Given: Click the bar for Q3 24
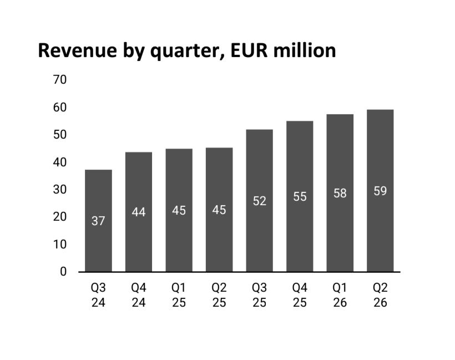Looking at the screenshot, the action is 98,221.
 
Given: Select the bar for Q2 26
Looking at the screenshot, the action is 380,191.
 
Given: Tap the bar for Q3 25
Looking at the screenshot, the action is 260,200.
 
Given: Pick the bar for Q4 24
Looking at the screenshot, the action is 139,212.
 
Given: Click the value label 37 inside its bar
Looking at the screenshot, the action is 98,221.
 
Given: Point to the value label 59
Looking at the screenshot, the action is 380,191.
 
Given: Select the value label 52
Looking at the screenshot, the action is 260,201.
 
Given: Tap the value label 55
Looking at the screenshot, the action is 300,197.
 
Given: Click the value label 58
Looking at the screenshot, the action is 340,193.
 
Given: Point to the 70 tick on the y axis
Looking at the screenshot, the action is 60,79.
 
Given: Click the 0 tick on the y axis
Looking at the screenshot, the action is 63,271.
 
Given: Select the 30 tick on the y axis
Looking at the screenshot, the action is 60,189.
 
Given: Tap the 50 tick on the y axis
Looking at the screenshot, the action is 60,135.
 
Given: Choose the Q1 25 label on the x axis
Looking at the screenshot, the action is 179,295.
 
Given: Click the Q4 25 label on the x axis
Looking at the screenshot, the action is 300,295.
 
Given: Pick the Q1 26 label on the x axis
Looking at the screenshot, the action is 340,295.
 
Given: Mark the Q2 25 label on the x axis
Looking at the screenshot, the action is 219,295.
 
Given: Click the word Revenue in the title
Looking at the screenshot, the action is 78,50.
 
